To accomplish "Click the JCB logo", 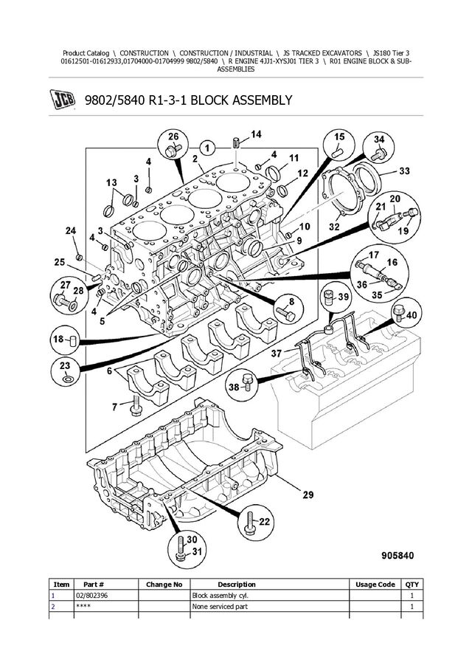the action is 63,100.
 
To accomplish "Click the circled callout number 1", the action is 207,148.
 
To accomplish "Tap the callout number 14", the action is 256,134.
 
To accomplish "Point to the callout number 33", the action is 404,171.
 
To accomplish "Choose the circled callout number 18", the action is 66,341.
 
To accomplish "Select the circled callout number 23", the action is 66,371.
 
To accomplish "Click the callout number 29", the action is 308,495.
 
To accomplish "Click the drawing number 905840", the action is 398,556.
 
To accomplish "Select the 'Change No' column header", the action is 164,585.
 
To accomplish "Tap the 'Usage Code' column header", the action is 375,585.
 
